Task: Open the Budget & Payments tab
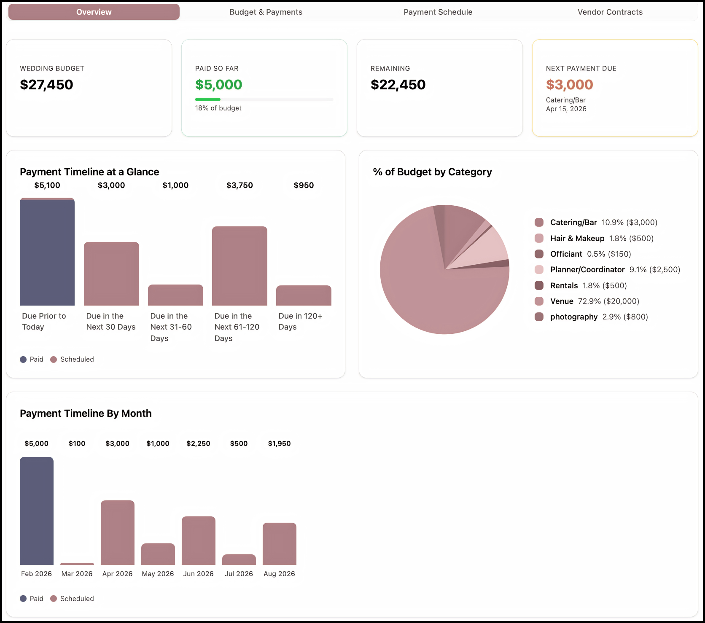coord(266,12)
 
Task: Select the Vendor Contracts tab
coord(610,12)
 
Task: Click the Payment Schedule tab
coord(438,12)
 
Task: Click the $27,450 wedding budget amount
coord(46,85)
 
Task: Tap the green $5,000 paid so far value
coord(218,85)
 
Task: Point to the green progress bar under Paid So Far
coord(208,99)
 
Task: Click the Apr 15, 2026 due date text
coord(566,109)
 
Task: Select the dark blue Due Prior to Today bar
coord(47,253)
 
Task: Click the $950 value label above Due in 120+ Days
coord(304,185)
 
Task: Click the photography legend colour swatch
coord(539,317)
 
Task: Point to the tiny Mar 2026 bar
coord(77,564)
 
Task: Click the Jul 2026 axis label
coord(239,574)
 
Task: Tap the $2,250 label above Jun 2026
coord(198,443)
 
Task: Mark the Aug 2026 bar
coord(279,544)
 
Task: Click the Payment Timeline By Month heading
coord(86,414)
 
